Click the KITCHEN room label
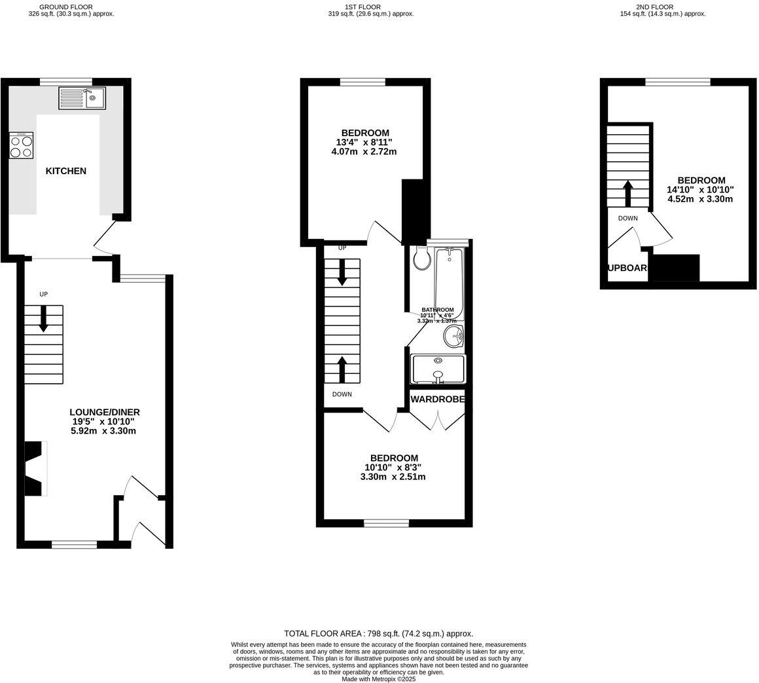click(x=65, y=171)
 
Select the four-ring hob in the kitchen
click(x=22, y=145)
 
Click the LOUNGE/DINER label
click(x=105, y=412)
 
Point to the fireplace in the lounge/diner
click(x=35, y=468)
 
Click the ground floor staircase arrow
click(x=44, y=319)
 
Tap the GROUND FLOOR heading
click(x=65, y=7)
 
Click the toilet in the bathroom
click(x=422, y=259)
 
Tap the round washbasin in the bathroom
click(x=453, y=337)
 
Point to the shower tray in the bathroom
click(x=438, y=369)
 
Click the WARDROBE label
click(x=438, y=399)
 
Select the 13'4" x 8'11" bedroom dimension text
click(x=364, y=142)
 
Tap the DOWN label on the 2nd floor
click(x=627, y=218)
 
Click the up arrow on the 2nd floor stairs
click(x=627, y=193)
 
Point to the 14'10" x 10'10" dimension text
click(x=700, y=189)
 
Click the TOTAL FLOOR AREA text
click(x=378, y=633)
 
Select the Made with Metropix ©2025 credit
click(x=379, y=679)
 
